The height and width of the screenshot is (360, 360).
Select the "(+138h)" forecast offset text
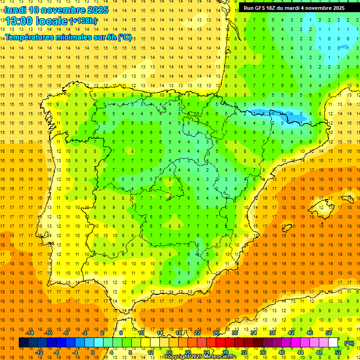click(x=83, y=21)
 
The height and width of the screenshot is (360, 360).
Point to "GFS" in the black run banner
click(x=263, y=8)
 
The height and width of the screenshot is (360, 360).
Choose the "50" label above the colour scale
click(x=329, y=333)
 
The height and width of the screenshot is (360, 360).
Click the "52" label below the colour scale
click(x=338, y=352)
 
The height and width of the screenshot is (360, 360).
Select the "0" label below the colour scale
click(x=93, y=352)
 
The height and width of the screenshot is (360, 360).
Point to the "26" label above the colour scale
click(x=216, y=333)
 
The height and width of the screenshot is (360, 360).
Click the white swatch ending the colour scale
click(x=333, y=343)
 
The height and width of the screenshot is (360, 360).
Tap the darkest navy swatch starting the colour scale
click(x=23, y=343)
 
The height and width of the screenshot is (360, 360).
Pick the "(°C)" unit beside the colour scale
click(x=349, y=343)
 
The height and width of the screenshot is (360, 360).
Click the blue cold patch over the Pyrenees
click(x=277, y=114)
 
